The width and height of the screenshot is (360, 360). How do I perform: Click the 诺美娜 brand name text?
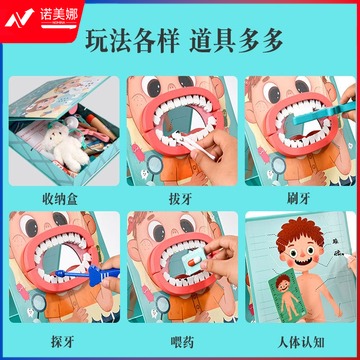(59, 14)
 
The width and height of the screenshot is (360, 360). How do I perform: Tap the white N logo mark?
(19, 18)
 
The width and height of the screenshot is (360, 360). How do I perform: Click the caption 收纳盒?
(60, 199)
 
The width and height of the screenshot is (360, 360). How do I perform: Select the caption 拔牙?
(179, 199)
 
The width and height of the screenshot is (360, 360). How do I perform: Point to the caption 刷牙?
(298, 199)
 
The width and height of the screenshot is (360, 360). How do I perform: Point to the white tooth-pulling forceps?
(192, 144)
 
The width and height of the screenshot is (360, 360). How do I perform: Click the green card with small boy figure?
(287, 295)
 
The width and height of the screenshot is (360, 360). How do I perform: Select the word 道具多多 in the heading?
(236, 42)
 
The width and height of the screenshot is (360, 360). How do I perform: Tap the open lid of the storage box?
(59, 97)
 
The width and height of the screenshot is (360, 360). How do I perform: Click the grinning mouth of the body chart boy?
(303, 261)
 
